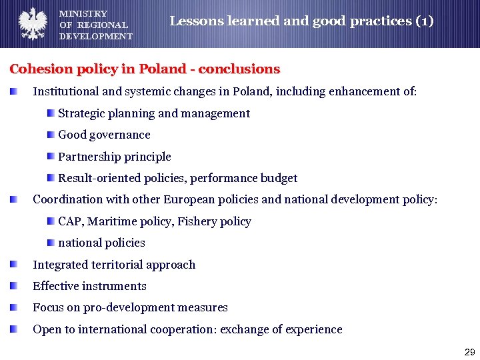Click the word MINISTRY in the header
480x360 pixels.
[x=83, y=13]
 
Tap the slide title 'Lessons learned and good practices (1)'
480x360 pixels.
[x=301, y=21]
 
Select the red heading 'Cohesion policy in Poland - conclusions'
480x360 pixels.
[x=145, y=69]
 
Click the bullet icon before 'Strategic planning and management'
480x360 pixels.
[x=51, y=113]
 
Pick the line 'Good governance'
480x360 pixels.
[x=104, y=135]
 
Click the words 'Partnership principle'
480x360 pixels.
[x=115, y=157]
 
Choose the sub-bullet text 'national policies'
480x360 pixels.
[x=101, y=243]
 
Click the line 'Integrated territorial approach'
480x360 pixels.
[x=114, y=265]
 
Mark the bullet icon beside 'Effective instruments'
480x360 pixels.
[x=14, y=286]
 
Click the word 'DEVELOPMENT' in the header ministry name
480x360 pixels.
[x=96, y=36]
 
